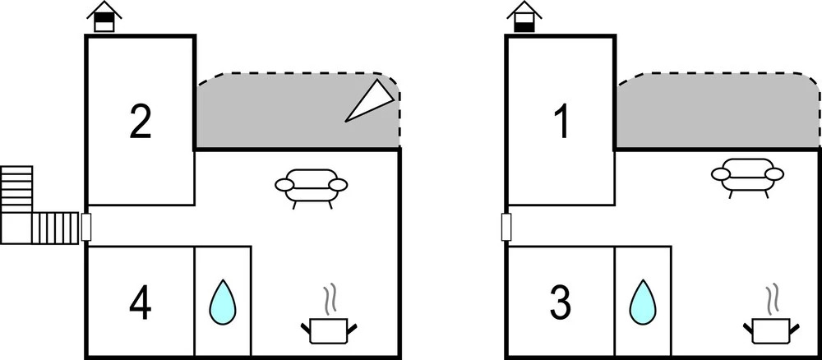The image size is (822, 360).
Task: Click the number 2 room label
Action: pos(141,122)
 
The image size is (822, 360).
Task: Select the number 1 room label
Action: pos(561,122)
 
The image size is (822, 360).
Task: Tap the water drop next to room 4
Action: pos(222,302)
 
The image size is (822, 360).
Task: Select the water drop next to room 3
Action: pos(643,302)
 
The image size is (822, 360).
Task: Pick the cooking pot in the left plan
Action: pos(329,330)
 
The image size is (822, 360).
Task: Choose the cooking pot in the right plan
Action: pos(771,330)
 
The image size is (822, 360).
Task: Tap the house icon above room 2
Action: pos(104,16)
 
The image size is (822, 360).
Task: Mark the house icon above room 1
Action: pos(524,16)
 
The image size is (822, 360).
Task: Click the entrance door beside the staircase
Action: pos(86,227)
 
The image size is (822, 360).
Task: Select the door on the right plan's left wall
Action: pos(506,227)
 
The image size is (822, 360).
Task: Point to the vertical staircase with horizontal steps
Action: pos(16,189)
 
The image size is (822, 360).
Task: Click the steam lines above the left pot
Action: pos(329,300)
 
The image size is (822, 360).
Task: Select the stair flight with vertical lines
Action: pos(55,228)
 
